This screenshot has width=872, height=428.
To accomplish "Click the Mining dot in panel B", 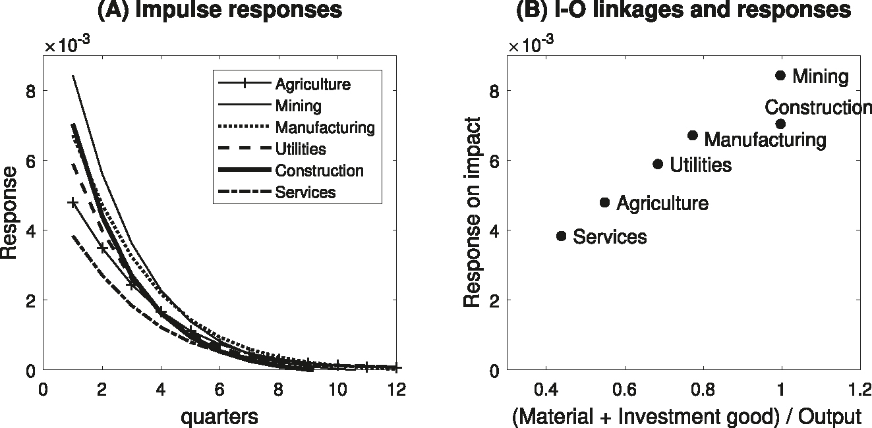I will point(780,76).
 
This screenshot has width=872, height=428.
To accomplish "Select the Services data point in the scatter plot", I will point(561,236).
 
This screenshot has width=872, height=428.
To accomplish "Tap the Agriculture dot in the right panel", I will point(604,202).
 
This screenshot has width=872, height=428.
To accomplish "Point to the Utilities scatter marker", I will point(657,164).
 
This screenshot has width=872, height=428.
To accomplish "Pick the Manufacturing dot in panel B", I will point(692,135).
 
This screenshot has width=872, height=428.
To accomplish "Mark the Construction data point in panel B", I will point(780,124).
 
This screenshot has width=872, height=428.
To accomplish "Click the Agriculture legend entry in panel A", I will point(312,84).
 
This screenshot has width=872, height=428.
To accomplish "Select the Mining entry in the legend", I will point(298,105).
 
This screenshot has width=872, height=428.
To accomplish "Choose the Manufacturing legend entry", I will point(324,127).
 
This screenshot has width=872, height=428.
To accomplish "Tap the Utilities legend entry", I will point(300,149).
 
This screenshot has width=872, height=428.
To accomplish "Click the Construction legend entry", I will point(319,171).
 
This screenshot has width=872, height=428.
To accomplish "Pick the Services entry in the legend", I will point(305,192).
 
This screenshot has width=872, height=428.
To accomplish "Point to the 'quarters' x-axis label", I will point(220,416).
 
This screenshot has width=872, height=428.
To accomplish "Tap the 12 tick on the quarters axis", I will point(396,389).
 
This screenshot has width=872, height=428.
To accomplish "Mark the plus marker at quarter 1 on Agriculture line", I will point(73,202).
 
